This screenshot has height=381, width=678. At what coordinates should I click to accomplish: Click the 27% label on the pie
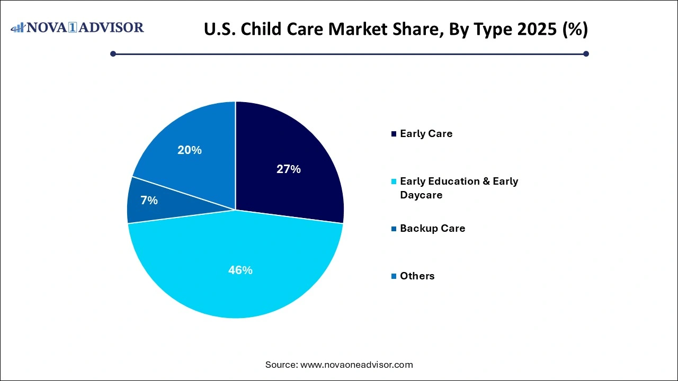(x=289, y=169)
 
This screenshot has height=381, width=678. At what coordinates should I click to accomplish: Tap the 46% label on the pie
(x=240, y=270)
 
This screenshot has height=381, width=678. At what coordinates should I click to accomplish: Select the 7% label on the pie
(x=149, y=201)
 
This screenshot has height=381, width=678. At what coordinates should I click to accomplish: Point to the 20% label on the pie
(x=190, y=150)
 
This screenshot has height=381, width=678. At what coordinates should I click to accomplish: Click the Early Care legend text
(x=426, y=134)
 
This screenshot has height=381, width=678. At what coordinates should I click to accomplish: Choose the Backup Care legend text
(x=433, y=229)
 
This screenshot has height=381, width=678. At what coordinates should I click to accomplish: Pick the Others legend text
(x=417, y=276)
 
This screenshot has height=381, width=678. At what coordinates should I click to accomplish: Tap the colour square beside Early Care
(x=394, y=134)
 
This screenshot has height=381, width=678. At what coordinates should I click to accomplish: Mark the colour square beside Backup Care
(x=394, y=229)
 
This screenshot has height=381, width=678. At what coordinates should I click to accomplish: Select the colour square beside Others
(x=394, y=276)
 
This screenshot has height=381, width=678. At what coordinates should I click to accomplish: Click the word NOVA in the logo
(x=50, y=28)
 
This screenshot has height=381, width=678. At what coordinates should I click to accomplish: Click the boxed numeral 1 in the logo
(x=80, y=28)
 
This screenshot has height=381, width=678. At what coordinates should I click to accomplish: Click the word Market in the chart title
(x=360, y=30)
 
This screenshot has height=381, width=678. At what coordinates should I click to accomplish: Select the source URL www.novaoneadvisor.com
(x=356, y=365)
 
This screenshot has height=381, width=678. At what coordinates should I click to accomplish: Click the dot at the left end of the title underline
(x=113, y=53)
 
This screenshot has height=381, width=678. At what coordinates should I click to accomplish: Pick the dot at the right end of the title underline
(x=586, y=53)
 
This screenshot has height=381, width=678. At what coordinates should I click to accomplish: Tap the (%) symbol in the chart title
(x=574, y=30)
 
